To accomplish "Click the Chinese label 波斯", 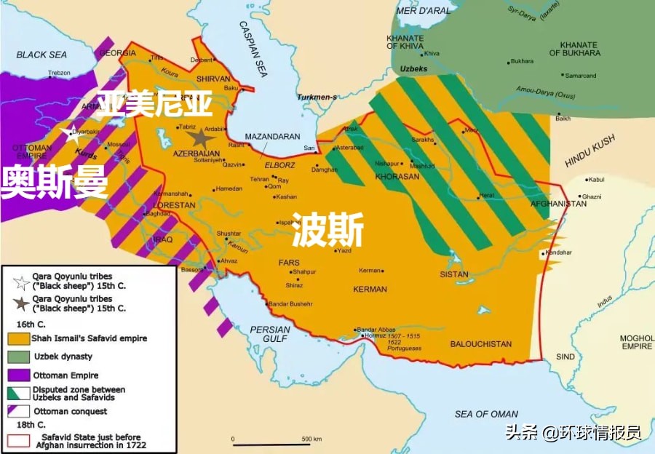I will click(327, 232).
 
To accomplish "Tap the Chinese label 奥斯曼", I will click(55, 181).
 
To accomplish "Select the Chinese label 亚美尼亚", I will click(156, 104).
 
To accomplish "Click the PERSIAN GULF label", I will click(270, 334).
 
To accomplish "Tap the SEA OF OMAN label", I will click(486, 413).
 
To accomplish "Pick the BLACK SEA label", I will click(41, 55).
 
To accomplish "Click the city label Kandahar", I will click(558, 252).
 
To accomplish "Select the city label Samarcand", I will click(581, 76).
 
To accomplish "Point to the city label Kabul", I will click(596, 179).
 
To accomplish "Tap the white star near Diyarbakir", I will click(68, 132).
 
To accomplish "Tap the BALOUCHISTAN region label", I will click(480, 344).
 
